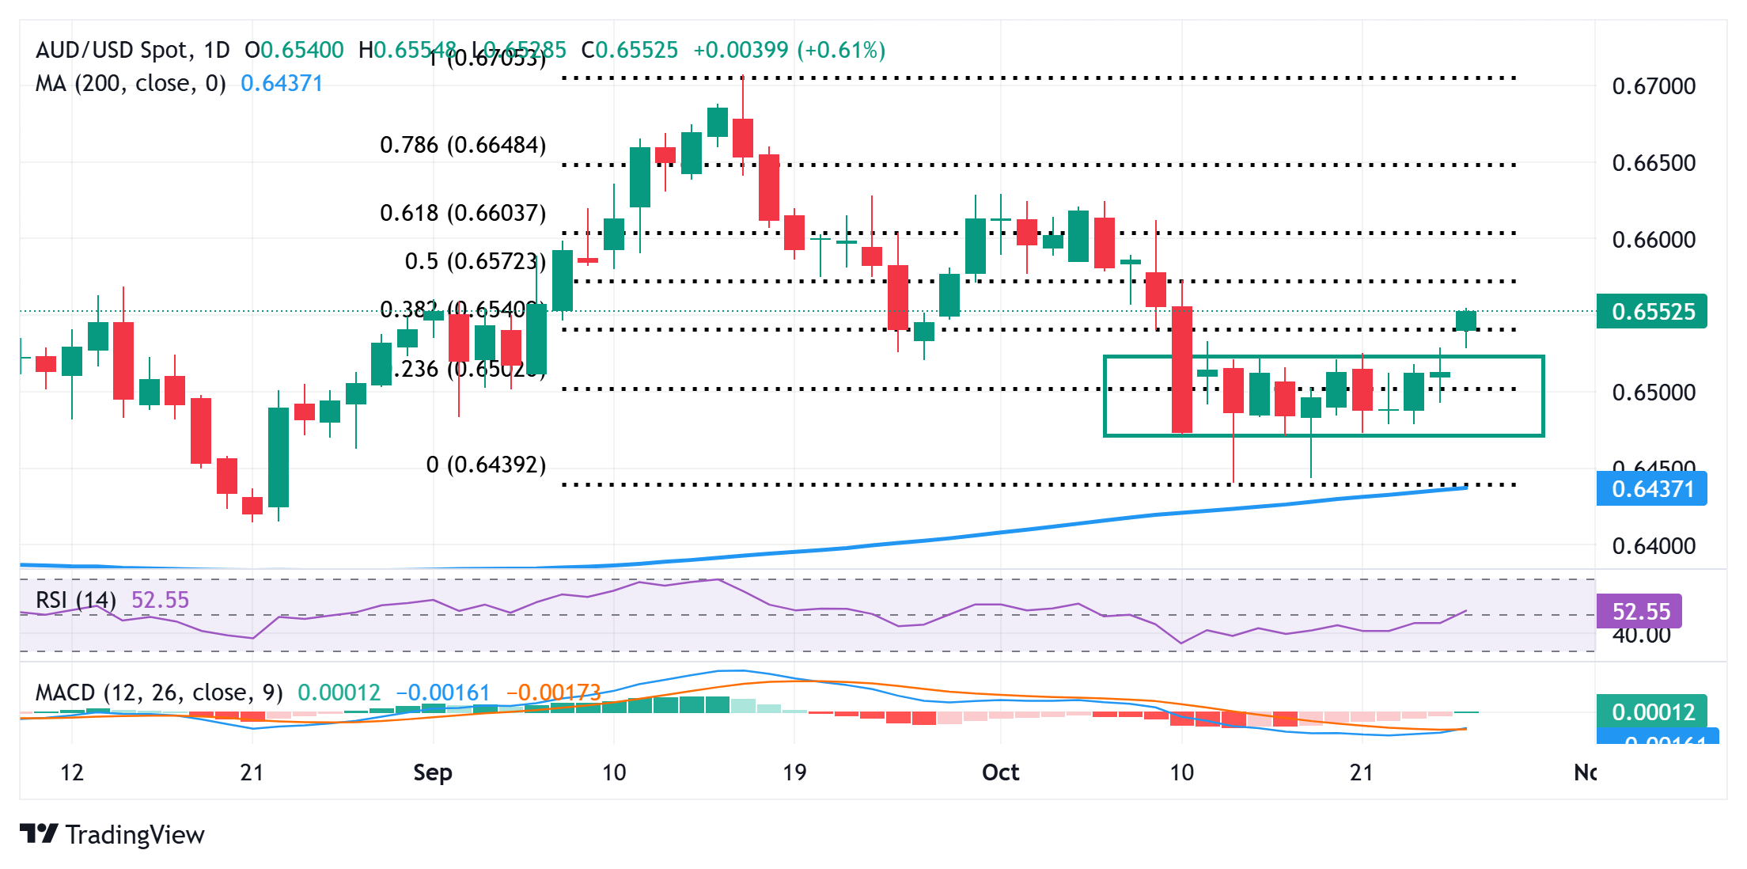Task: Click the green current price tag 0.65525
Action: tap(1651, 312)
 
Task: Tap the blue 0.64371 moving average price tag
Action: tap(1651, 489)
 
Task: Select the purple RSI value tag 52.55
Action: tap(1639, 611)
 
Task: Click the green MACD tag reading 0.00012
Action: tap(1652, 712)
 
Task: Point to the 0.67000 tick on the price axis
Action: tap(1654, 86)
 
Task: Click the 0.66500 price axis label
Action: tap(1654, 163)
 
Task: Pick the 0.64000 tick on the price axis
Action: tap(1654, 546)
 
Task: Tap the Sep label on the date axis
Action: tap(433, 772)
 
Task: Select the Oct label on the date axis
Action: tap(1000, 772)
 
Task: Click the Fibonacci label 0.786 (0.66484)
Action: tap(463, 146)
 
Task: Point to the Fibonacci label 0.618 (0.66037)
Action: tap(463, 213)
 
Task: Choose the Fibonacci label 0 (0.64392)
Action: tap(486, 465)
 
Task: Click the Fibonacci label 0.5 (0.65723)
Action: tap(475, 261)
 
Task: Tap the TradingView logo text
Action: tap(135, 835)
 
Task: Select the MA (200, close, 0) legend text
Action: tap(131, 83)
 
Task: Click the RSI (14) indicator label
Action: tap(76, 600)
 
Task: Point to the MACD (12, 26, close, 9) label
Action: tap(159, 693)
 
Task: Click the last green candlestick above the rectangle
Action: tap(1466, 321)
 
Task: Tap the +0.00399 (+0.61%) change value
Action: tap(789, 51)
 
